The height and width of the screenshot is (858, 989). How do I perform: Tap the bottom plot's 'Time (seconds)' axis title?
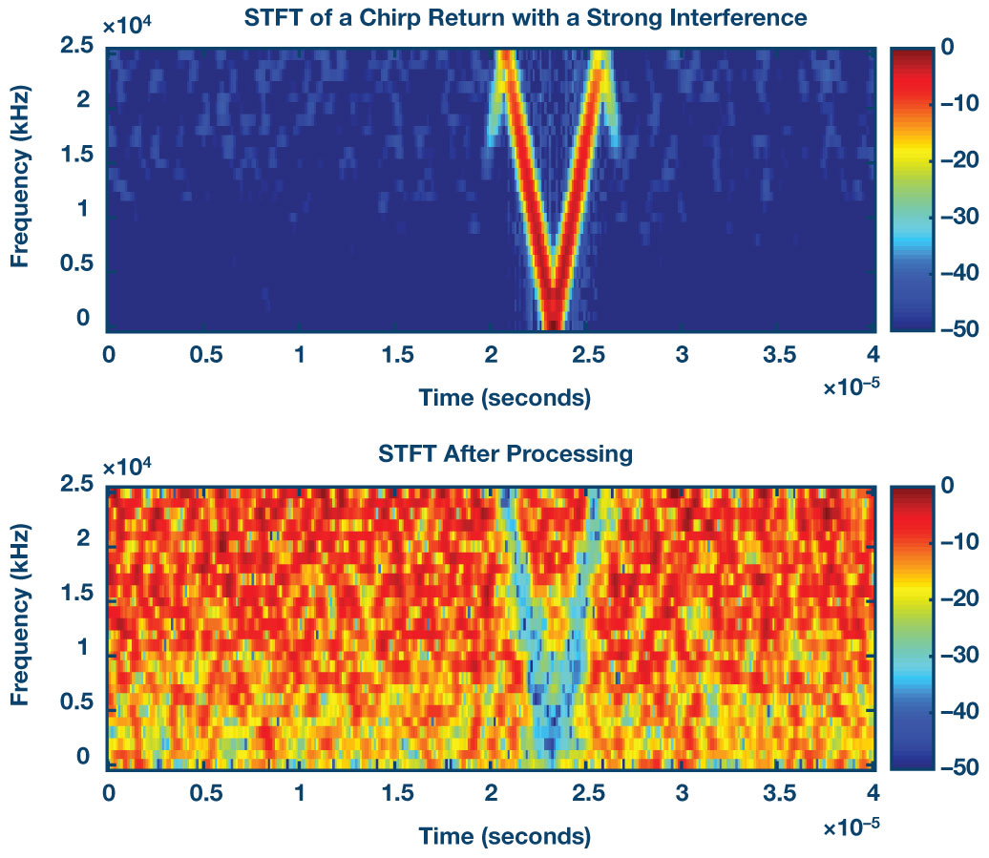pyautogui.click(x=504, y=810)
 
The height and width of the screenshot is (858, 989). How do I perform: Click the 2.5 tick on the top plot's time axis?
pyautogui.click(x=585, y=355)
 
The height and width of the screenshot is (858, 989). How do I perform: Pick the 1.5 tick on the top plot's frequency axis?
pyautogui.click(x=77, y=153)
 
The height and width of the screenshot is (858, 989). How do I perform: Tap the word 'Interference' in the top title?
pyautogui.click(x=739, y=17)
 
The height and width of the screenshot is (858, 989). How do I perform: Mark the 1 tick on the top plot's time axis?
pyautogui.click(x=301, y=355)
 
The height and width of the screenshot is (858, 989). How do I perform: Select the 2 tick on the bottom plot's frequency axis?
pyautogui.click(x=84, y=538)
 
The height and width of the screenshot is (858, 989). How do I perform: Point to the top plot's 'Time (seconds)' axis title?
pyautogui.click(x=504, y=397)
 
